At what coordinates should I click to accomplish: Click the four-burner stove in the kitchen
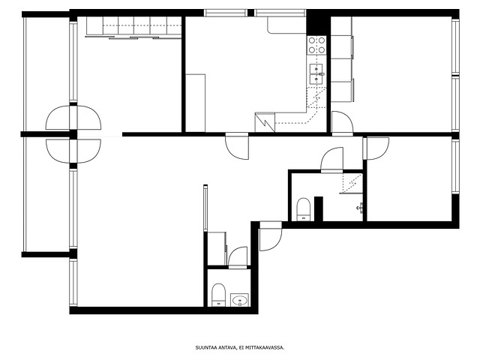316,45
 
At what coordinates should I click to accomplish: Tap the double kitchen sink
316,73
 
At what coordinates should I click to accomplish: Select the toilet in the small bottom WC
218,295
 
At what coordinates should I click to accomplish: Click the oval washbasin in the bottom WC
240,300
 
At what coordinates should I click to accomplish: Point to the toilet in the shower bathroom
304,209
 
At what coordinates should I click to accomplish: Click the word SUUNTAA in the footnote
205,348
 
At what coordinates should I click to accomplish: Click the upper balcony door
73,118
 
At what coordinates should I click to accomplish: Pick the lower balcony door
73,151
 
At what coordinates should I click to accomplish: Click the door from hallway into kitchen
237,146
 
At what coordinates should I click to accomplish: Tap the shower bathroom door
332,160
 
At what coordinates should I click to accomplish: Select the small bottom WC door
238,257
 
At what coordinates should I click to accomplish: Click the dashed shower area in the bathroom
352,183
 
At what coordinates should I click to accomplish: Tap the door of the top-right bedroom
342,123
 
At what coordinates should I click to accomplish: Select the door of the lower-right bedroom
376,148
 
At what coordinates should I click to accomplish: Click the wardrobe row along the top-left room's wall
134,27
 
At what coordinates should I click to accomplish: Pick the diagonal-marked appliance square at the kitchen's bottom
265,122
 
